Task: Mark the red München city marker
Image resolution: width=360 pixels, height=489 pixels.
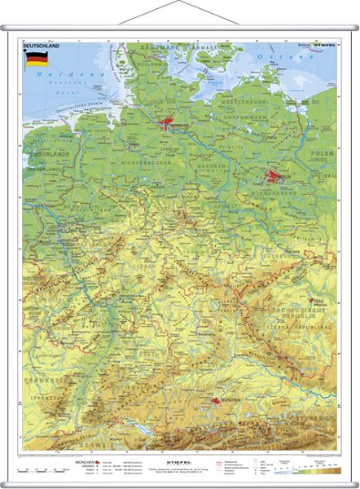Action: pyautogui.click(x=215, y=401)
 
